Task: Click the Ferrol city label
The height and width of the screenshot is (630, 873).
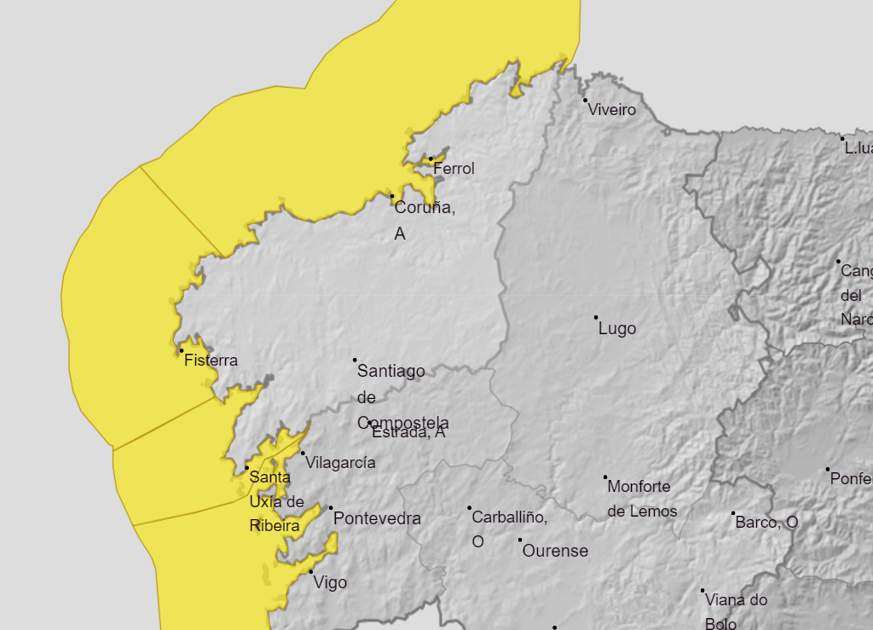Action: click(x=454, y=169)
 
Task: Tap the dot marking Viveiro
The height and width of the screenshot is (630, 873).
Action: click(x=586, y=101)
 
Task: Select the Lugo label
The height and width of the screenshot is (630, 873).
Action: click(x=617, y=329)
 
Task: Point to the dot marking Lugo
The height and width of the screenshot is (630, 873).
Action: click(x=596, y=317)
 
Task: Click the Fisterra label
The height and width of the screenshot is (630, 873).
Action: click(x=211, y=361)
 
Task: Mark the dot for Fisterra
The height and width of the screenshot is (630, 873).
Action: click(x=182, y=350)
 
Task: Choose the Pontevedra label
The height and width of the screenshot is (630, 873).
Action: click(x=377, y=518)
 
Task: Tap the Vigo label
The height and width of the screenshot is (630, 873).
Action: click(x=331, y=583)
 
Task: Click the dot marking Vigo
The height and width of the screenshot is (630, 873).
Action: click(x=311, y=571)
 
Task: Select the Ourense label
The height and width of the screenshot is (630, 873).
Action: click(x=555, y=552)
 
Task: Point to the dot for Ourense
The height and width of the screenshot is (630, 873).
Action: click(x=520, y=540)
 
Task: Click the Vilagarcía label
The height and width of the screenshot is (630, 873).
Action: click(x=340, y=463)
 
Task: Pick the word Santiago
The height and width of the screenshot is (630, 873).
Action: click(x=391, y=371)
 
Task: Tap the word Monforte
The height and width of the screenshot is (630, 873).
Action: click(x=639, y=487)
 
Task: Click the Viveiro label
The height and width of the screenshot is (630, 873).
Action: click(x=612, y=110)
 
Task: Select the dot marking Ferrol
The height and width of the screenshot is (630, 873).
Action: click(x=431, y=159)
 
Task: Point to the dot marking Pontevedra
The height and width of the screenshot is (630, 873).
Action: click(x=331, y=508)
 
